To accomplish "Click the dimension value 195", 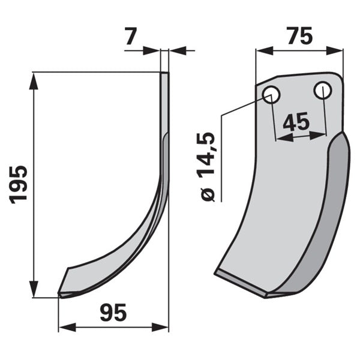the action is pyautogui.click(x=19, y=185).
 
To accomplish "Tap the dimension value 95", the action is pyautogui.click(x=113, y=313).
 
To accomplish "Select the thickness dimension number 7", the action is pyautogui.click(x=131, y=36).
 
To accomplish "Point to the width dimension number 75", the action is pyautogui.click(x=300, y=35).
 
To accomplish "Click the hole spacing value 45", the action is pyautogui.click(x=296, y=121).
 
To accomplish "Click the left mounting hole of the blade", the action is pyautogui.click(x=271, y=95).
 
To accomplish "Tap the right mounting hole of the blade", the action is pyautogui.click(x=323, y=90).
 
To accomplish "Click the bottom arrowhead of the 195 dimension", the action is pyautogui.click(x=34, y=289).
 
